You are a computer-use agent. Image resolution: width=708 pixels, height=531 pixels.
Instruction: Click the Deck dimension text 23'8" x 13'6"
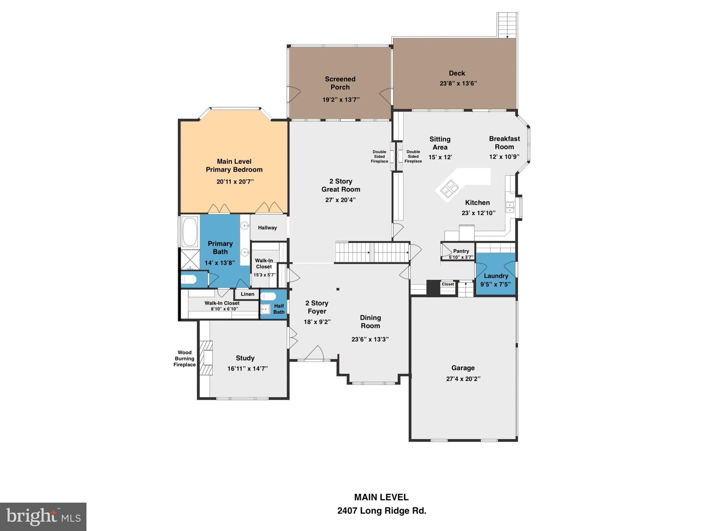(x=458, y=83)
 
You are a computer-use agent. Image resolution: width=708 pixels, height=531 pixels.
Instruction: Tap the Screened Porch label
(x=340, y=83)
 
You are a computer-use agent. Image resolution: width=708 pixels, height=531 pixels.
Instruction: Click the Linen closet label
(x=247, y=294)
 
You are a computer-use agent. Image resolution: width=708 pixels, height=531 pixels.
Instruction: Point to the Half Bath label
(x=279, y=309)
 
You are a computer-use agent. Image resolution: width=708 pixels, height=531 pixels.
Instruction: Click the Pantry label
(x=461, y=251)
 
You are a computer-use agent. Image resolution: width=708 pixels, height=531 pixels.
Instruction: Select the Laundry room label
(x=496, y=276)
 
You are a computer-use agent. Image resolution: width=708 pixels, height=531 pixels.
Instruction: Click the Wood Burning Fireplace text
(x=184, y=358)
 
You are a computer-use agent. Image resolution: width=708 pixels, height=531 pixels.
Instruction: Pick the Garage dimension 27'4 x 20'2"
(x=463, y=379)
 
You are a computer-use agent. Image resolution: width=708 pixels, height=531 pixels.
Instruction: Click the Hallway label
(x=267, y=228)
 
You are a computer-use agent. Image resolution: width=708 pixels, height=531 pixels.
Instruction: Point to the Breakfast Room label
(x=504, y=142)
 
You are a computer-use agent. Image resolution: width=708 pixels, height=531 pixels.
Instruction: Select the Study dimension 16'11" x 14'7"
(x=247, y=369)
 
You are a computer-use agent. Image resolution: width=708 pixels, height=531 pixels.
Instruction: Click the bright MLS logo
(x=43, y=516)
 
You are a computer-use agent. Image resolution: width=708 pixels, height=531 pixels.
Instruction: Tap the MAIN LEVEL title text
(x=381, y=497)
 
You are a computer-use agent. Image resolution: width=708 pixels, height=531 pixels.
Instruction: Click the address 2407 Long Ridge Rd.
(x=382, y=511)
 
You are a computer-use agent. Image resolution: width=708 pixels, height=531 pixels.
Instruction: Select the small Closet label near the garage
(x=448, y=284)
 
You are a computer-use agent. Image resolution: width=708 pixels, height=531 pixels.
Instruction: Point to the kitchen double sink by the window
(x=510, y=207)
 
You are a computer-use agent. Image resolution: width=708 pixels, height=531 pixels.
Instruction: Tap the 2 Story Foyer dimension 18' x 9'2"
(x=317, y=322)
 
